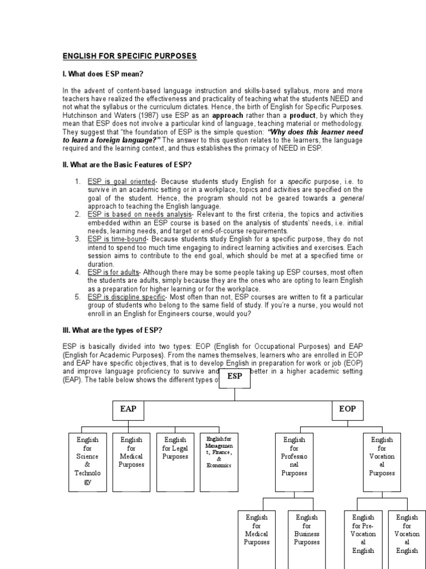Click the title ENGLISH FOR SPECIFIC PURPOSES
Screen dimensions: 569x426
[x=129, y=57]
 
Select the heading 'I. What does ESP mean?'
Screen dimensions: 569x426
[x=105, y=74]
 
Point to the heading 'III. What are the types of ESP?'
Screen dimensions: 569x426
[x=112, y=331]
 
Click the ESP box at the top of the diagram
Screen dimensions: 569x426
[x=235, y=376]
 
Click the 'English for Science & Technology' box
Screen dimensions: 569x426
[x=87, y=461]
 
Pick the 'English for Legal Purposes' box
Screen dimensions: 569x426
[x=175, y=461]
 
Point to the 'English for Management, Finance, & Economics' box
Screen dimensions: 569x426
[x=219, y=461]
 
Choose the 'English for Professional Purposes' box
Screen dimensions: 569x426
[x=294, y=461]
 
